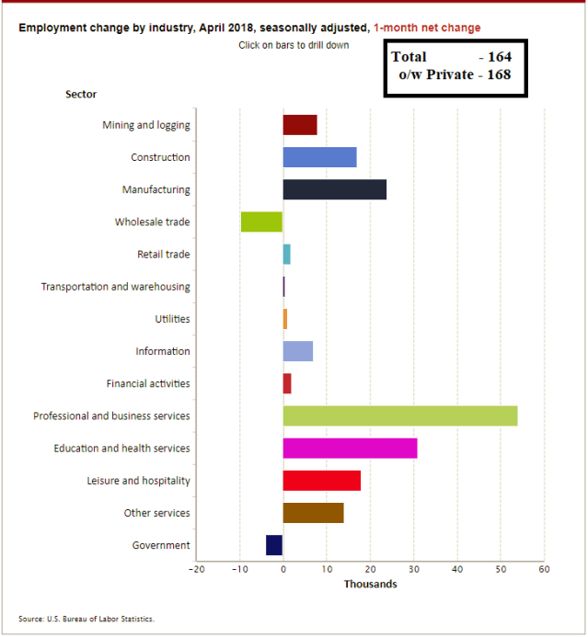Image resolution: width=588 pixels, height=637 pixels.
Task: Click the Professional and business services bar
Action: (400, 415)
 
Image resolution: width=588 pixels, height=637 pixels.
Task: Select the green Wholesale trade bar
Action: (262, 222)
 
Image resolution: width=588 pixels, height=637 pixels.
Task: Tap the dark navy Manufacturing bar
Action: (334, 189)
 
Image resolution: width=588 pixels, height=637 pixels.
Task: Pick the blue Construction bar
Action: (319, 157)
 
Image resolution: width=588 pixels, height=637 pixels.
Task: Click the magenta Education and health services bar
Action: (350, 448)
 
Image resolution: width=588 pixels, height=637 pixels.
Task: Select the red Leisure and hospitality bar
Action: (321, 481)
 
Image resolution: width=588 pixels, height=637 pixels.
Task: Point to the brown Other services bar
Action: (313, 513)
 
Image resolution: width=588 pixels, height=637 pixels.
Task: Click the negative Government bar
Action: (274, 545)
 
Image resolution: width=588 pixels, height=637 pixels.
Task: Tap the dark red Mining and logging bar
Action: (300, 125)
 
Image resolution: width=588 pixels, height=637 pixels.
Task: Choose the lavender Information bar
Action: (298, 351)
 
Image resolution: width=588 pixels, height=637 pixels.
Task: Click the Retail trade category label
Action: (164, 255)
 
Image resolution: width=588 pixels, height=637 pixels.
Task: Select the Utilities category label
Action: (172, 319)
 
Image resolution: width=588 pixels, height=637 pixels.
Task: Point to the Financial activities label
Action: (148, 383)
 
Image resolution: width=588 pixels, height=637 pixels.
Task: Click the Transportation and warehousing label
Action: (115, 287)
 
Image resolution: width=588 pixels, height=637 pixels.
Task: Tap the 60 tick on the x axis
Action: (544, 570)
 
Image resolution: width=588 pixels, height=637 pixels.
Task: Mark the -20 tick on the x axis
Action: (195, 570)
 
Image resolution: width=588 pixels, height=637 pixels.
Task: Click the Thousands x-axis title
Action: (370, 585)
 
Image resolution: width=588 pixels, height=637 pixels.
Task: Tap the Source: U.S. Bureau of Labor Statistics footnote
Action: (86, 619)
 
